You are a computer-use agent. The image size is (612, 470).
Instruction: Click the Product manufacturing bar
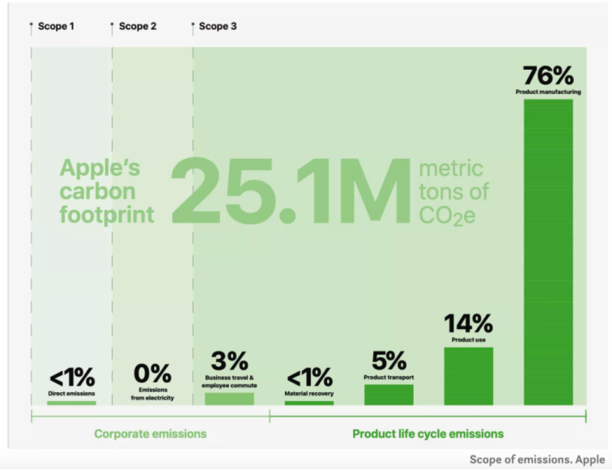548,251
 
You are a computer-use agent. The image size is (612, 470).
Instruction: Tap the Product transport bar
389,394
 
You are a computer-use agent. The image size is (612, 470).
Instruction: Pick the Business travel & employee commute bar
229,398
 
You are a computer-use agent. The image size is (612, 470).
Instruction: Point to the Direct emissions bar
71,402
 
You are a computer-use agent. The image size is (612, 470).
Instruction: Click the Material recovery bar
308,402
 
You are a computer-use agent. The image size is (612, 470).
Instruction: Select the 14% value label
468,323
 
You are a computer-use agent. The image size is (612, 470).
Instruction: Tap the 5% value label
389,361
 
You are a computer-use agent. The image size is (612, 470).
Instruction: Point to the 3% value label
229,361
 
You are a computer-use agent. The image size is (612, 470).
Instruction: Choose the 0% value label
151,374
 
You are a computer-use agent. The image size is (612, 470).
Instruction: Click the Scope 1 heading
56,27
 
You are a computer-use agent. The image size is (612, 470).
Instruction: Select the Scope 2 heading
138,27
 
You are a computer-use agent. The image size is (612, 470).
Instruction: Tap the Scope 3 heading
218,27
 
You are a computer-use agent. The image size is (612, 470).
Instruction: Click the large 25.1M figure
289,192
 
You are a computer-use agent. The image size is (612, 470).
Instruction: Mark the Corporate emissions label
150,434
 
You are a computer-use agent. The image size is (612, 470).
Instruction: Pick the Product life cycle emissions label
427,434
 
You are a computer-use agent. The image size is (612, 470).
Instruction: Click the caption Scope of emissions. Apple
537,459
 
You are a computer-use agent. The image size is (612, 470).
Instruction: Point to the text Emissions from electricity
151,394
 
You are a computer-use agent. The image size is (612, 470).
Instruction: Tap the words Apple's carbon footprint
107,192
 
